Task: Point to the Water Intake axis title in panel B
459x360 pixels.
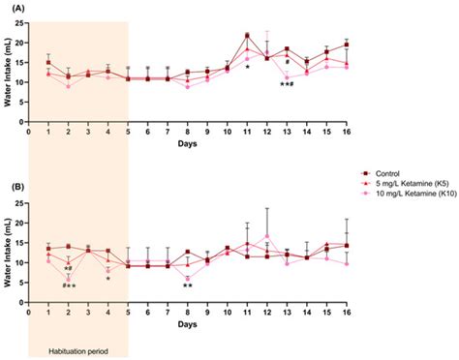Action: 8,274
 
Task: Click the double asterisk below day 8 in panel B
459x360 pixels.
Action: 187,286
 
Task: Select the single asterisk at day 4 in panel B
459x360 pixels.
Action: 108,280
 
